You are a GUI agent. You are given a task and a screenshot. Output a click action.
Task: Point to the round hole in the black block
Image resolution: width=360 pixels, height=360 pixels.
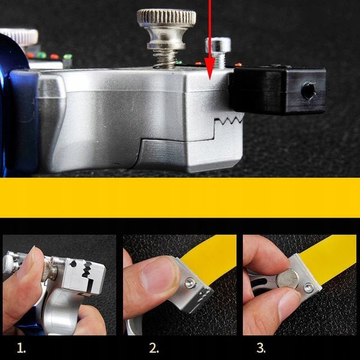coord(309,91)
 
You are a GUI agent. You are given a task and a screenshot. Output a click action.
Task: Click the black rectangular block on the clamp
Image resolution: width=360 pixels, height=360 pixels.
coord(278,90)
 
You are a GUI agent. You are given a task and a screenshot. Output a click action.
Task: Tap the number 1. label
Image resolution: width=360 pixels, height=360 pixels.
coord(22,348)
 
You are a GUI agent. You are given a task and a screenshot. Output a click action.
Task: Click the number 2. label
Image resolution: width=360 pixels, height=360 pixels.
coord(154,348)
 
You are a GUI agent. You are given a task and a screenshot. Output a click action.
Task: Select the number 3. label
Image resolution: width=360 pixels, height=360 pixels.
coord(261,348)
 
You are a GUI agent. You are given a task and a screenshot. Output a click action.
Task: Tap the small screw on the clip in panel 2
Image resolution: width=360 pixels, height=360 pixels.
coord(190,283)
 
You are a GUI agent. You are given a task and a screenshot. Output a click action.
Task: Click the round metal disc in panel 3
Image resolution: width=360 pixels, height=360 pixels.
coord(287,278)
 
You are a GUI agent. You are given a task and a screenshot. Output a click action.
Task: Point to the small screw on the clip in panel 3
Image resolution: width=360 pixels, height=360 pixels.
coord(308,288)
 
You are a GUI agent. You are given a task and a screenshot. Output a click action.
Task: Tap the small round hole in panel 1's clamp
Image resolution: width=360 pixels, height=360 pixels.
coord(73,264)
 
